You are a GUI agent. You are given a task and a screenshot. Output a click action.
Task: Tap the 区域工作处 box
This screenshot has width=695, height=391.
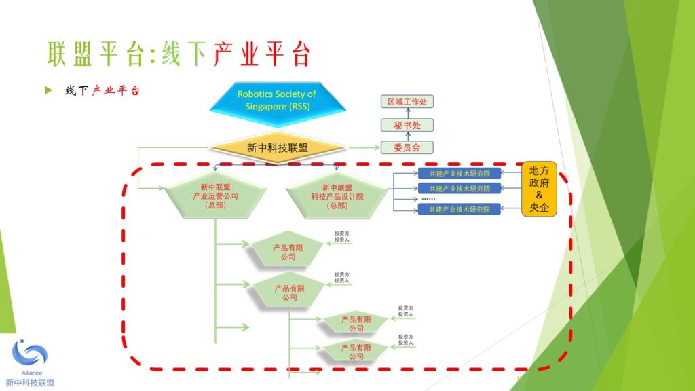pyautogui.click(x=407, y=102)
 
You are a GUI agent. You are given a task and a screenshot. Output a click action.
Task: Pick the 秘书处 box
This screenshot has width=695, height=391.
pyautogui.click(x=407, y=125)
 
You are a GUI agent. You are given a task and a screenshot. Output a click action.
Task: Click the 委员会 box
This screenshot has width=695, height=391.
pyautogui.click(x=407, y=147)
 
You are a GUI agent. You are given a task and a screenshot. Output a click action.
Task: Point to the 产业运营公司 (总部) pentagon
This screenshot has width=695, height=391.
pyautogui.click(x=215, y=195)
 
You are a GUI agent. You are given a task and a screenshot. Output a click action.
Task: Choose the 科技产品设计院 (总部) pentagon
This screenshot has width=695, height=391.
pyautogui.click(x=337, y=195)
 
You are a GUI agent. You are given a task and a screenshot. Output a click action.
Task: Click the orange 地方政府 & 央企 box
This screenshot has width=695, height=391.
pyautogui.click(x=539, y=189)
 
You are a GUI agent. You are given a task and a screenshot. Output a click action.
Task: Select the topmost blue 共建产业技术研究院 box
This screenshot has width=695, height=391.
pyautogui.click(x=459, y=174)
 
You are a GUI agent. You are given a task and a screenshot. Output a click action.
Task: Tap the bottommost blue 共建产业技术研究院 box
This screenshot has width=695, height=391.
pyautogui.click(x=459, y=209)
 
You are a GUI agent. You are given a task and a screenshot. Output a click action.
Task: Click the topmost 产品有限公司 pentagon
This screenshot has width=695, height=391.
pyautogui.click(x=288, y=252)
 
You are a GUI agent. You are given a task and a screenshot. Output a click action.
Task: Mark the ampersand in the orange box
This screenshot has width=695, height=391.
pyautogui.click(x=539, y=195)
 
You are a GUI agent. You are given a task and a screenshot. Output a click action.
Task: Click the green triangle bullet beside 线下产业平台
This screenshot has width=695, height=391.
pyautogui.click(x=48, y=90)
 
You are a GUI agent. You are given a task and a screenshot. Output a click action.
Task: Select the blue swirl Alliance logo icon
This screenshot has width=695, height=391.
pyautogui.click(x=29, y=354)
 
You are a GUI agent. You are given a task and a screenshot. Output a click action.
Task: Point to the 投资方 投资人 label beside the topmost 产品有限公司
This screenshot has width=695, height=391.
pyautogui.click(x=341, y=237)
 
